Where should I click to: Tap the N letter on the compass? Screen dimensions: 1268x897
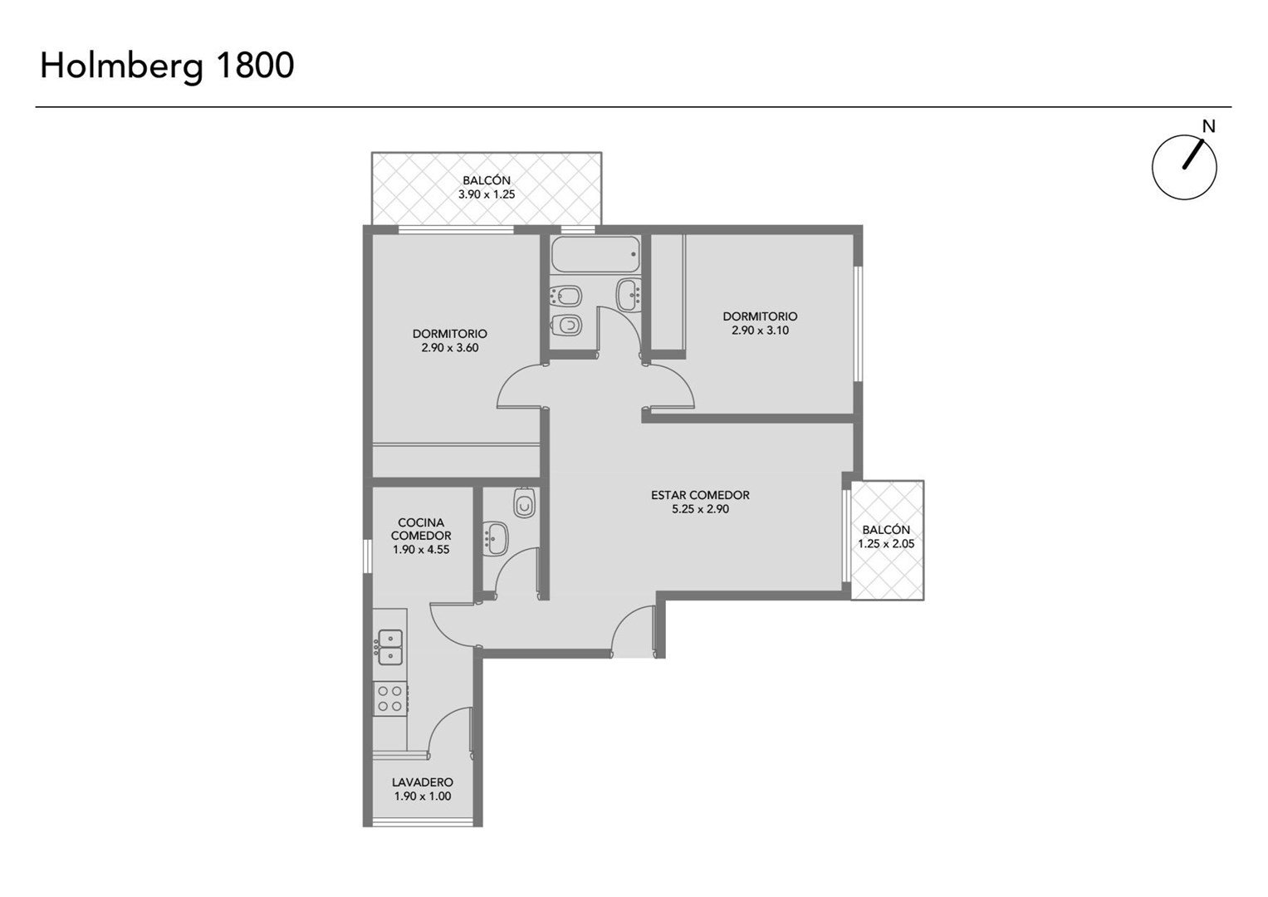(x=1208, y=127)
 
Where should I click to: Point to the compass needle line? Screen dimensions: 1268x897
(x=1192, y=154)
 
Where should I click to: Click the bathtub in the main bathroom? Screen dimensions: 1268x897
(x=595, y=254)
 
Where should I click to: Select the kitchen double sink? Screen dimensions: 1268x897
(x=390, y=647)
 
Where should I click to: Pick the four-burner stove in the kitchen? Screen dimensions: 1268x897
(x=390, y=698)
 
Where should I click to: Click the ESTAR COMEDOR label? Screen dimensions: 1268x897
(x=700, y=495)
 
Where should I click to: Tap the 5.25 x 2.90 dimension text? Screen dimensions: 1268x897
(x=700, y=509)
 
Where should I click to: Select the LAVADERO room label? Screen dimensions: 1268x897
(x=423, y=782)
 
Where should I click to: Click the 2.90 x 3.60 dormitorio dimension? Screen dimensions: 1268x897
(x=450, y=348)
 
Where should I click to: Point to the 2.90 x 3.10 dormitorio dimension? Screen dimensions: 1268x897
(x=760, y=331)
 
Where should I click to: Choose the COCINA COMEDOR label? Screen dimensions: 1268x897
(x=421, y=529)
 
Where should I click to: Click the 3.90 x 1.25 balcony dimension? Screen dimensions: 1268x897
(x=487, y=194)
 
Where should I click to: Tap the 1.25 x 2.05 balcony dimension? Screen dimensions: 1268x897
(x=887, y=544)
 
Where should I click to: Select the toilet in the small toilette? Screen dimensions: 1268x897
(x=525, y=502)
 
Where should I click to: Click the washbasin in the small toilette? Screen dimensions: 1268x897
(x=497, y=538)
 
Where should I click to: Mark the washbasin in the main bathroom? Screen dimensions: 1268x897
(x=629, y=295)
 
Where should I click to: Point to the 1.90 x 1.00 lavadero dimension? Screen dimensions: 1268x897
(x=423, y=797)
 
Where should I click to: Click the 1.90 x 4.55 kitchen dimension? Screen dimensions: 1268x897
(x=421, y=549)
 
